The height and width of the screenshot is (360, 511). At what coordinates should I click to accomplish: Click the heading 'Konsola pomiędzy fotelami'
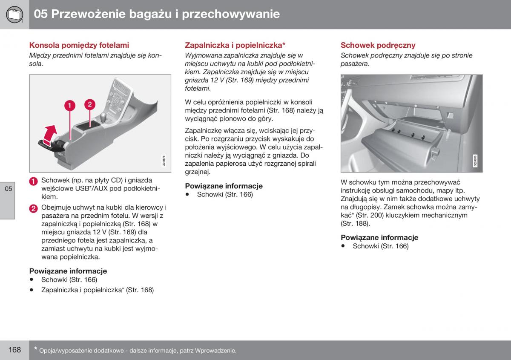[79, 45]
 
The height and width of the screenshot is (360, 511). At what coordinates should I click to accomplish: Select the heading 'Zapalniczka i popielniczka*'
[235, 45]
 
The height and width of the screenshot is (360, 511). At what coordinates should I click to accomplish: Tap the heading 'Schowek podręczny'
[378, 45]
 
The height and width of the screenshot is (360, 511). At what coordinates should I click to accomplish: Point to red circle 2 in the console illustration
[89, 104]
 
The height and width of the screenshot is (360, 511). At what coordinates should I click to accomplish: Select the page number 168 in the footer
[14, 350]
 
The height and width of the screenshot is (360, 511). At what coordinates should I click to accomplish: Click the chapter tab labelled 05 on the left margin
[9, 189]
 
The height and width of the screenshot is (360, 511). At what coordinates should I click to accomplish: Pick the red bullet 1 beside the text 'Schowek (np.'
[34, 181]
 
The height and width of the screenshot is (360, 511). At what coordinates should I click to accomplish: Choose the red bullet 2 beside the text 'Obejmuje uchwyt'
[34, 208]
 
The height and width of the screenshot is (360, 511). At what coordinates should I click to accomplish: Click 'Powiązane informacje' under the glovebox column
[379, 237]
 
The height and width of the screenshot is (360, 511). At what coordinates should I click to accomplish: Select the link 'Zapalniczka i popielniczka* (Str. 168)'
[97, 290]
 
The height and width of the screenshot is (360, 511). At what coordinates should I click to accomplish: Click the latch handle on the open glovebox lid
[435, 151]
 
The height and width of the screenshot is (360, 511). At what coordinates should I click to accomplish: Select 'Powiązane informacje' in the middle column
[224, 186]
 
